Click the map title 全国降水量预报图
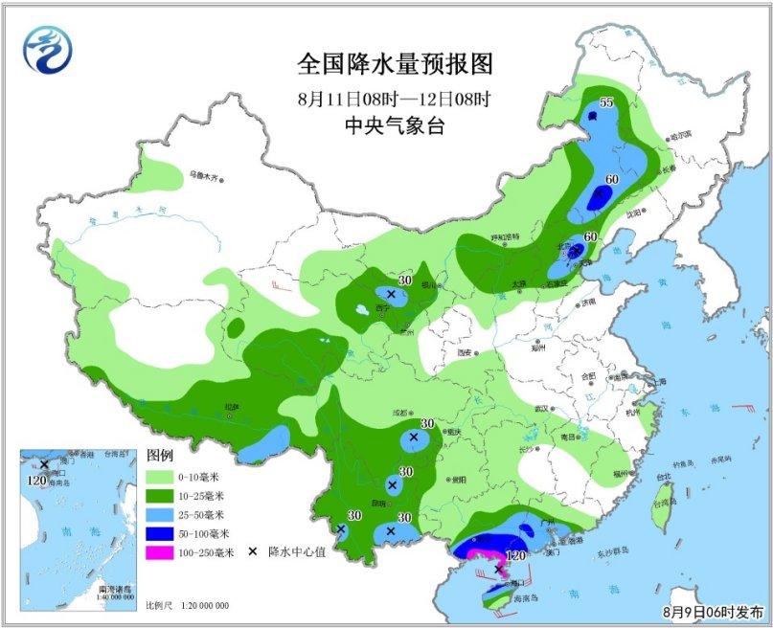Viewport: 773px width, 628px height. pos(395,65)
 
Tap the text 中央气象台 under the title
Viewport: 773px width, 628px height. pos(395,125)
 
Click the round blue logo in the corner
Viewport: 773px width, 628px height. pos(48,48)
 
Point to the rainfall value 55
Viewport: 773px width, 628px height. pos(605,102)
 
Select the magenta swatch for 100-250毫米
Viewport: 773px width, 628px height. pos(163,551)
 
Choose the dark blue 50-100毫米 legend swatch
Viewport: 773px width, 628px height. pos(163,533)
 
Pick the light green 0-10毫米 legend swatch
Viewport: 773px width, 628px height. pos(163,476)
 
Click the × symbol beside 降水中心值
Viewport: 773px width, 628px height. pos(254,552)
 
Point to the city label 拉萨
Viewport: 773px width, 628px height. pos(230,407)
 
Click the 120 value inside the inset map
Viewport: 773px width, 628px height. pos(38,479)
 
